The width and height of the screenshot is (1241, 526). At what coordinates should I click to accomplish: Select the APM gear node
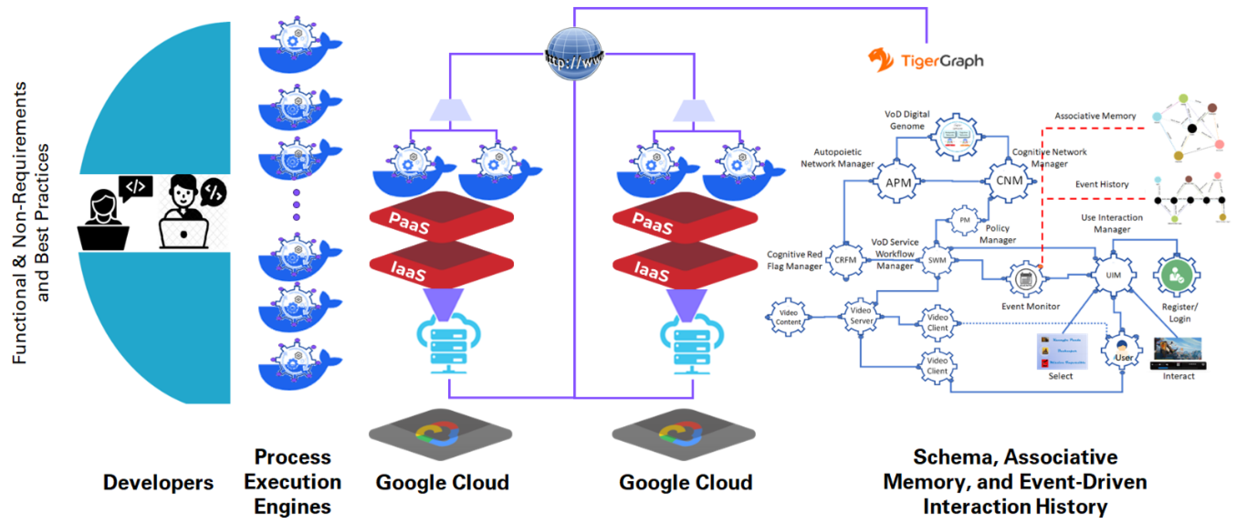(x=898, y=183)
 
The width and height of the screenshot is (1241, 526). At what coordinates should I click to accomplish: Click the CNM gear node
(x=1009, y=181)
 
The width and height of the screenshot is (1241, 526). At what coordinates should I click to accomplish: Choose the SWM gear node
(x=937, y=260)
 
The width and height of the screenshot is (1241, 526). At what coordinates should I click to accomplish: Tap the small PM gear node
(x=964, y=220)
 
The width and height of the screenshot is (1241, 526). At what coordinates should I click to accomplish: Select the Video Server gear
(x=861, y=316)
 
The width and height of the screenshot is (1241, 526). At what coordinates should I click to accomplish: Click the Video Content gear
(x=788, y=317)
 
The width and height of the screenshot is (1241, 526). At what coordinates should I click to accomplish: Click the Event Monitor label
(x=1030, y=306)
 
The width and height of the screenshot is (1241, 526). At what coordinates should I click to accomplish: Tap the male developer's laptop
(x=184, y=233)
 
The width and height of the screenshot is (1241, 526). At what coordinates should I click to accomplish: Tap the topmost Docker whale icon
(x=299, y=46)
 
